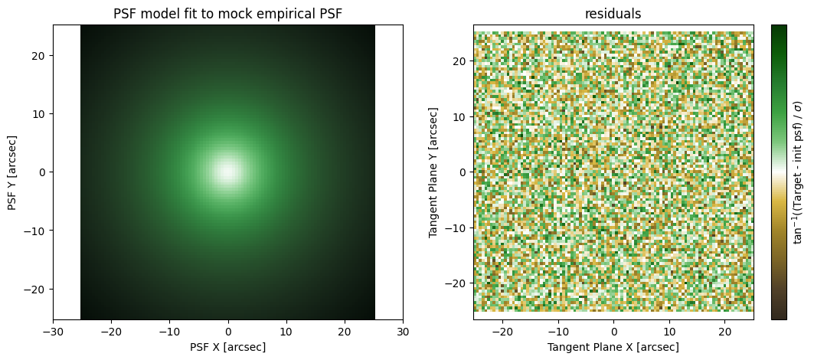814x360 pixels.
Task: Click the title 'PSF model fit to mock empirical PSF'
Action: [x=228, y=14]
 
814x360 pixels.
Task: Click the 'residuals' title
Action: [x=613, y=14]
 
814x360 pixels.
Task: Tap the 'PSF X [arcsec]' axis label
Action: [x=228, y=346]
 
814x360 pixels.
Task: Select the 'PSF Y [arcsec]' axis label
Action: [x=12, y=172]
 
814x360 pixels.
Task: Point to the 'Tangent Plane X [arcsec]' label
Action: [x=613, y=346]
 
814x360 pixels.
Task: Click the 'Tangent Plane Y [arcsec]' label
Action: [x=433, y=172]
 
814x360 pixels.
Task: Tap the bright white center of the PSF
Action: [x=227, y=170]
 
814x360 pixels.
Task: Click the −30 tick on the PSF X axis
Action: [x=53, y=332]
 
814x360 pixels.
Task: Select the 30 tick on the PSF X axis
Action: [x=403, y=332]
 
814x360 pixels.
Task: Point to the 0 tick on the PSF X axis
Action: [x=228, y=332]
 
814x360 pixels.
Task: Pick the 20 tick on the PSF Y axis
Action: [x=43, y=55]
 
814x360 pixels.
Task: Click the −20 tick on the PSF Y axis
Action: [x=40, y=289]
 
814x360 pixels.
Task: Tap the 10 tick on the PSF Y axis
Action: [x=43, y=113]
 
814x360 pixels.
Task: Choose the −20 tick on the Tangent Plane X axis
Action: [x=502, y=332]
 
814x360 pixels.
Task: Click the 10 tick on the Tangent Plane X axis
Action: [x=669, y=332]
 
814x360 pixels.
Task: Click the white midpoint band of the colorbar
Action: [x=779, y=172]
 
